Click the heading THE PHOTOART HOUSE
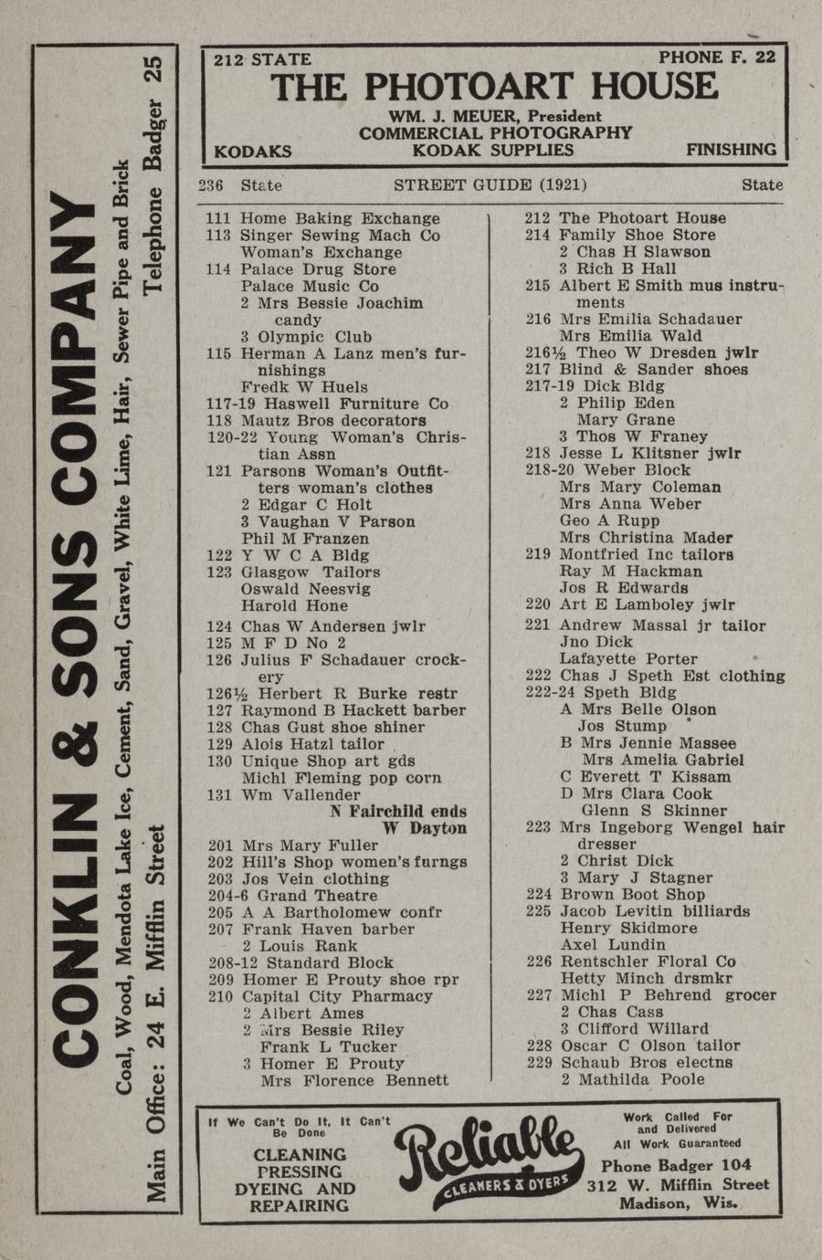494,88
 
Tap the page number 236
211,185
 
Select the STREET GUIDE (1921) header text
490,185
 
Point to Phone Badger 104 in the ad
676,1165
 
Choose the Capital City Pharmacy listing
336,996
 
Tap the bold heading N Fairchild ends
398,811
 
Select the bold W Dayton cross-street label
424,828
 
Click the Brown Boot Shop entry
632,895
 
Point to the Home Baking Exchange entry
340,218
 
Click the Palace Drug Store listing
318,269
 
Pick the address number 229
539,1063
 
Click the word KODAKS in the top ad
253,151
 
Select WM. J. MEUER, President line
495,116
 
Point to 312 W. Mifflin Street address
678,1185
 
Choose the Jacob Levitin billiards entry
655,911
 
